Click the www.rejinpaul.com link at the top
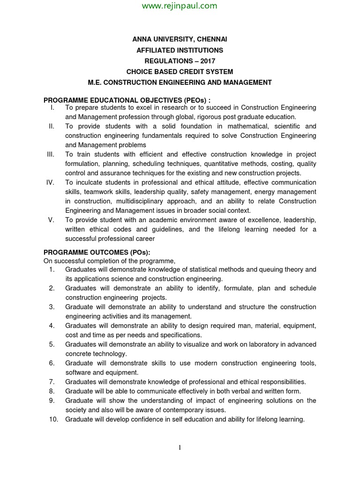coord(180,6)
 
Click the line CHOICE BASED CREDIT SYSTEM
coord(180,71)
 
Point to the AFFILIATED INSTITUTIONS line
coord(180,50)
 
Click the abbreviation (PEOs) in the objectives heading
coord(190,100)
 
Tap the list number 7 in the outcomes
coord(52,382)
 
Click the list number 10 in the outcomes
coord(53,420)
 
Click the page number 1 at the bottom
coord(180,448)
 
